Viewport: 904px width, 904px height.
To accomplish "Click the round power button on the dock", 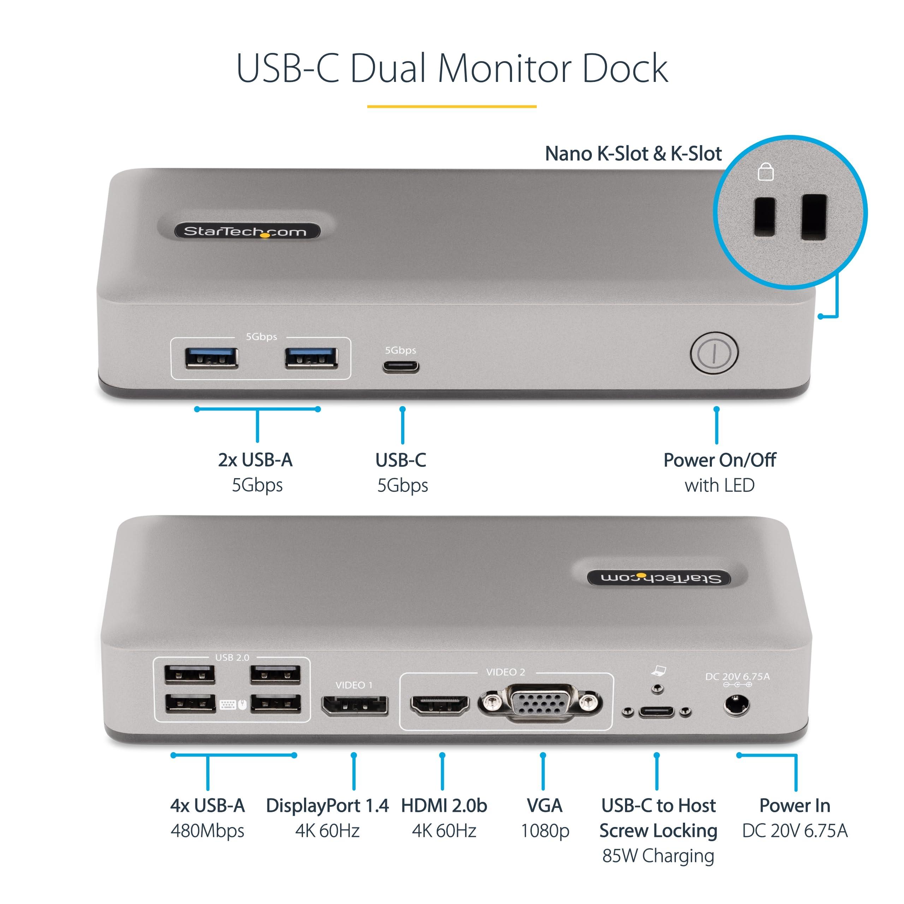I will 714,353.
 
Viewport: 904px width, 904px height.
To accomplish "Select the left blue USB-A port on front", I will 212,358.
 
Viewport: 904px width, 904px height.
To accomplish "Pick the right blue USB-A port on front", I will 311,358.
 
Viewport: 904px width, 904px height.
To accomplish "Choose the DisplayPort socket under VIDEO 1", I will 355,705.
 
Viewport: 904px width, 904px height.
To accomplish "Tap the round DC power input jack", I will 737,705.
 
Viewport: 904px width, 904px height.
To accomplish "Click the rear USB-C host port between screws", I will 657,712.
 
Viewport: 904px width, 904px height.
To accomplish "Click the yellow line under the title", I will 452,107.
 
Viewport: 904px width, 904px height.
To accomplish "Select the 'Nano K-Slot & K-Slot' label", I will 633,154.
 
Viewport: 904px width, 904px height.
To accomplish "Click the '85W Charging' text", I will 658,855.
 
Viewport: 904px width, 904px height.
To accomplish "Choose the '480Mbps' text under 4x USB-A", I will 207,831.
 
